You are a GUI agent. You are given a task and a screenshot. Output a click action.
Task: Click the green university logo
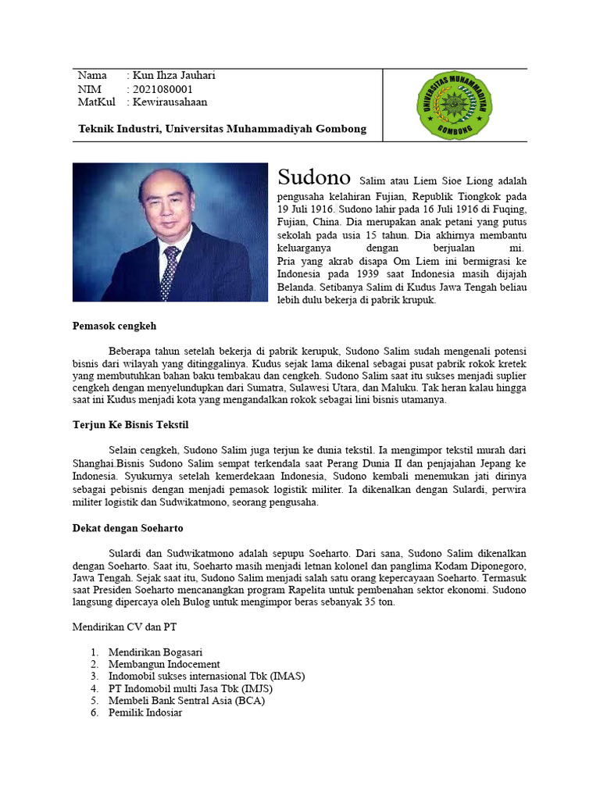point(454,105)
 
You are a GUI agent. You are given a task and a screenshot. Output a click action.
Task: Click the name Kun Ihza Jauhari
point(173,76)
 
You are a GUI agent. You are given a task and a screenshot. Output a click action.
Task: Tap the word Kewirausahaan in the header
point(170,102)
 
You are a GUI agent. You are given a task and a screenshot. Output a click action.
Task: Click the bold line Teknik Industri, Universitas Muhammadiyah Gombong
point(222,129)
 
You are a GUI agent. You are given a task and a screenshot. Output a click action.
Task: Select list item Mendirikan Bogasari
point(156,652)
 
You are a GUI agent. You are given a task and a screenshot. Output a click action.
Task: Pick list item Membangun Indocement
point(164,664)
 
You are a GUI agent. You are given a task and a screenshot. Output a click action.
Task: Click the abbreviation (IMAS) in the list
point(284,677)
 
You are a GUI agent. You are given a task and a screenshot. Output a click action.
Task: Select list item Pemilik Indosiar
point(145,712)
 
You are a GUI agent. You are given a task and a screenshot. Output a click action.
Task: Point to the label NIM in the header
point(90,89)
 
